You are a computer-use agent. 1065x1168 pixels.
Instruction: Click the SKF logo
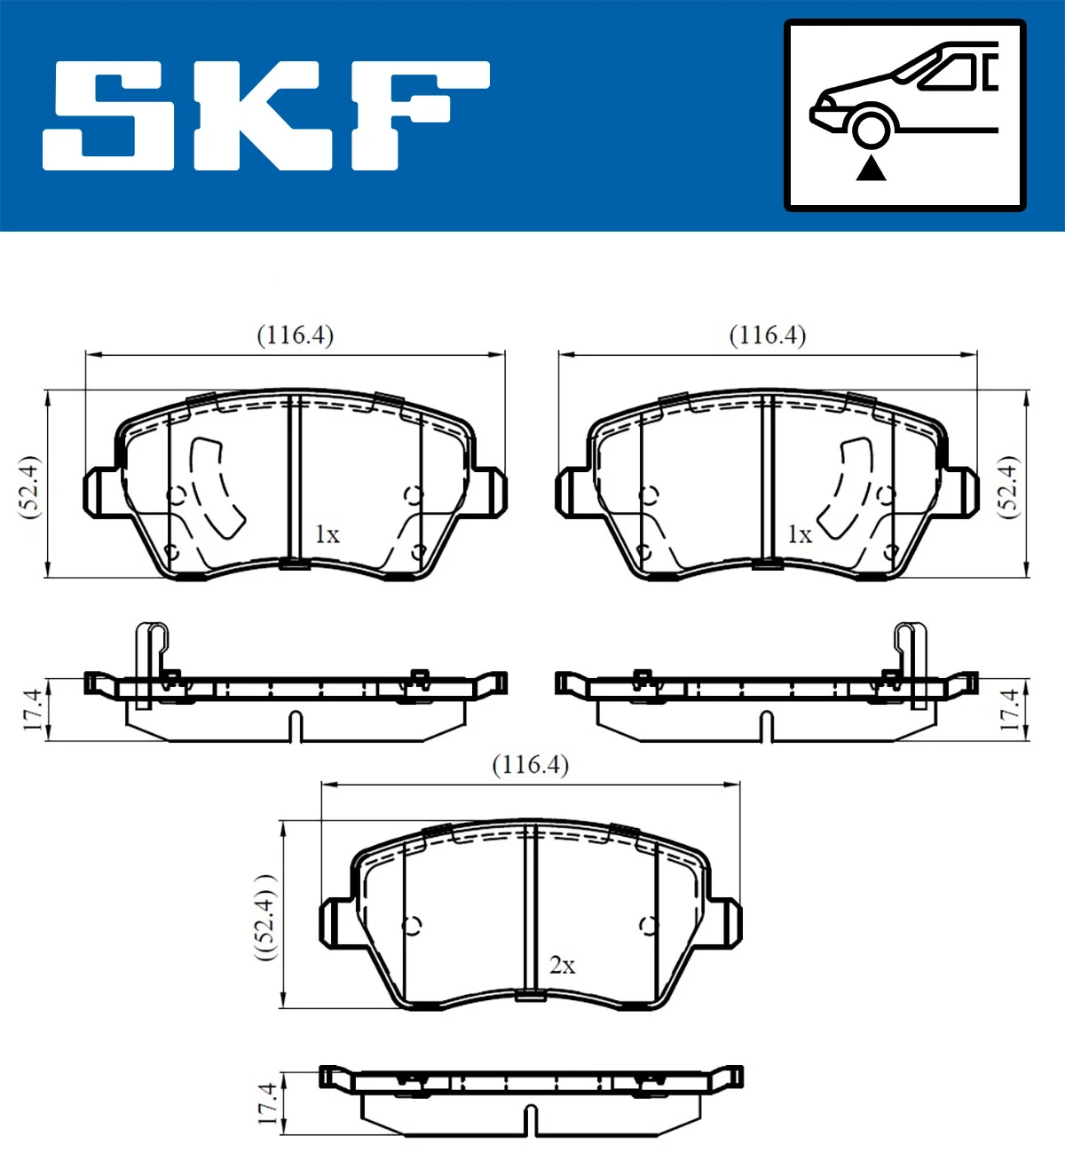(266, 115)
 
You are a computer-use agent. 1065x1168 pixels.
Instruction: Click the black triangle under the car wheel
(871, 168)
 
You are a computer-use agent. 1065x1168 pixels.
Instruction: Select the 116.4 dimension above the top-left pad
(295, 335)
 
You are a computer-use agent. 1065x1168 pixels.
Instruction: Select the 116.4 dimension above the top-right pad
(767, 335)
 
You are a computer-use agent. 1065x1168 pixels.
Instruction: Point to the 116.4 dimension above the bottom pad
(530, 765)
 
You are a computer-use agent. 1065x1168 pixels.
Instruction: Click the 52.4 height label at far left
(30, 486)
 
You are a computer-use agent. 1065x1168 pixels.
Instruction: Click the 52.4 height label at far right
(1008, 486)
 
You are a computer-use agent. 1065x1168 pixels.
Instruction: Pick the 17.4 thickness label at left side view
(33, 709)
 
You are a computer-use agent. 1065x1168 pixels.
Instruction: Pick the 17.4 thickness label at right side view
(1009, 709)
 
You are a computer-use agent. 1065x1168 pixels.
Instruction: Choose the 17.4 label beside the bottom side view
(267, 1103)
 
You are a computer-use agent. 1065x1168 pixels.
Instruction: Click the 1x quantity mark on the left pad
(327, 534)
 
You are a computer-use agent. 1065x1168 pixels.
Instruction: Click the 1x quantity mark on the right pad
(799, 534)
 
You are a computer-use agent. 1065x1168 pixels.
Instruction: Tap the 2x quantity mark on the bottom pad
(562, 965)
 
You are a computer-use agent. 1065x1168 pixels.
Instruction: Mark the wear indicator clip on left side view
(150, 661)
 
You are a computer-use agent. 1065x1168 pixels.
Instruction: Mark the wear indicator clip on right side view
(911, 661)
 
